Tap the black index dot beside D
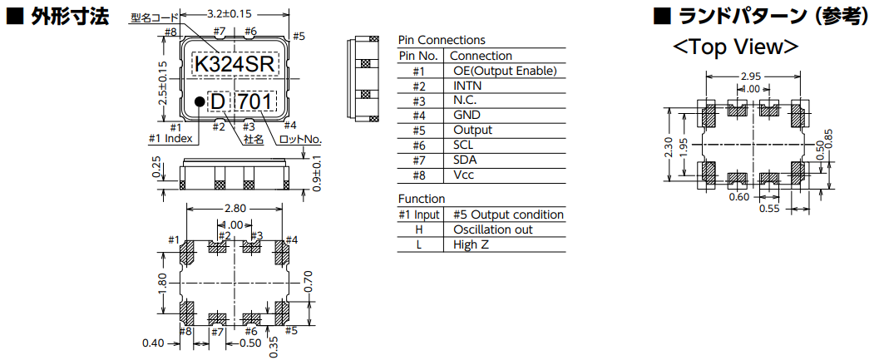(200, 101)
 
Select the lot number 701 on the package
(254, 101)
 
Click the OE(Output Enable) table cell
(505, 71)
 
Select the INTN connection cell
(467, 86)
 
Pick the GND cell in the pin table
(467, 116)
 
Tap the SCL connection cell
(465, 145)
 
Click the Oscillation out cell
(493, 229)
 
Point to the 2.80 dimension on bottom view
(235, 209)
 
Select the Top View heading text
(736, 47)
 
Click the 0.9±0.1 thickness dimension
(317, 173)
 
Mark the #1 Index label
(170, 139)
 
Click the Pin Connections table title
(442, 40)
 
